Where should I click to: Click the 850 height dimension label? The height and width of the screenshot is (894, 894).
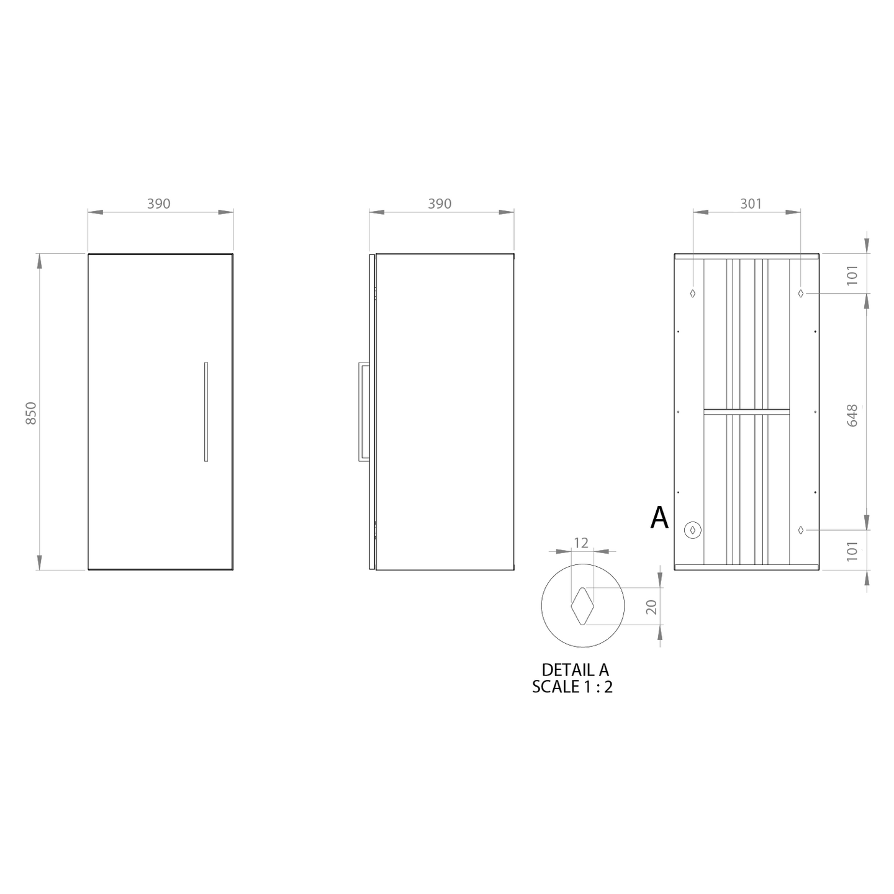tap(30, 413)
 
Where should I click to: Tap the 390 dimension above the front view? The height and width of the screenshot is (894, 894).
tap(159, 204)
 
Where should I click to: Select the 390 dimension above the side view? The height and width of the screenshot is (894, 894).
tap(440, 204)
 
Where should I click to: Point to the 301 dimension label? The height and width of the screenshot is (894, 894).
tap(750, 204)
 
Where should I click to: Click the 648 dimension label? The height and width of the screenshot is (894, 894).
tap(852, 415)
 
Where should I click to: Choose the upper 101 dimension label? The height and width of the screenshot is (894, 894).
tap(852, 276)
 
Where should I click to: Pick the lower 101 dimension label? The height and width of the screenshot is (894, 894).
tap(852, 551)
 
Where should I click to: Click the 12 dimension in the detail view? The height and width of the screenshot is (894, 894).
tap(581, 543)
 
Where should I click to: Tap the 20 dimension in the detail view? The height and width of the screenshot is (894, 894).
tap(652, 607)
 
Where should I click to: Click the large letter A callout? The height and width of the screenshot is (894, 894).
tap(659, 517)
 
